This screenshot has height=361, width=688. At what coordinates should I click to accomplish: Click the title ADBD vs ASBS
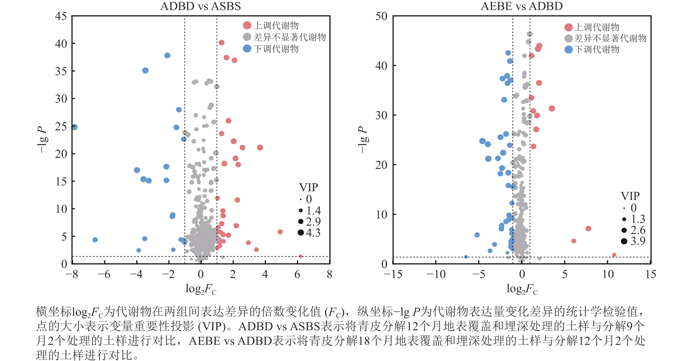pos(200,6)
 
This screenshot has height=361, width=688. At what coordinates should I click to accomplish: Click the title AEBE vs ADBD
pos(522,6)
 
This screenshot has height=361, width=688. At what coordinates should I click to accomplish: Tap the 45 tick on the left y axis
pos(61,16)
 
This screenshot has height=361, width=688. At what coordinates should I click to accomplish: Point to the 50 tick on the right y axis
pos(381,16)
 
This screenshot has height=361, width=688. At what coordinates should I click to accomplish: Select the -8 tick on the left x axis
pos(72,274)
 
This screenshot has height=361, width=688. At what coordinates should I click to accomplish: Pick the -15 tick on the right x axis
pos(392,274)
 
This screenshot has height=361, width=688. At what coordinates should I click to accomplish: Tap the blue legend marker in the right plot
pos(568,49)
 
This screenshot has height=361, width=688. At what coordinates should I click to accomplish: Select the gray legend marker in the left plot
pos(247,37)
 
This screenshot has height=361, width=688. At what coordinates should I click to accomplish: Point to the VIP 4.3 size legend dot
pos(301,233)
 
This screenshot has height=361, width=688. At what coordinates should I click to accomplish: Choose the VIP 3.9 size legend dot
pos(624,241)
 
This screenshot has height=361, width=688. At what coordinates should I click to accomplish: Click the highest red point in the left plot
pos(221,42)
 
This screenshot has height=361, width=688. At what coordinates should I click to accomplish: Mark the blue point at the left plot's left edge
pos(74,127)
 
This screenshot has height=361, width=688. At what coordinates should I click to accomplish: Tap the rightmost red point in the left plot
pos(300,256)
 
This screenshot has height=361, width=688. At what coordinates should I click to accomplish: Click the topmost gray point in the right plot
pos(530,34)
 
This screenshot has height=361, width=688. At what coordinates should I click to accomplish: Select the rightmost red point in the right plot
pos(614,255)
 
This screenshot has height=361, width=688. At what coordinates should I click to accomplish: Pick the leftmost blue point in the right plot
pos(466,257)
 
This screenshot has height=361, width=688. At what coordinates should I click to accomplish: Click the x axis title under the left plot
pos(201,289)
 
